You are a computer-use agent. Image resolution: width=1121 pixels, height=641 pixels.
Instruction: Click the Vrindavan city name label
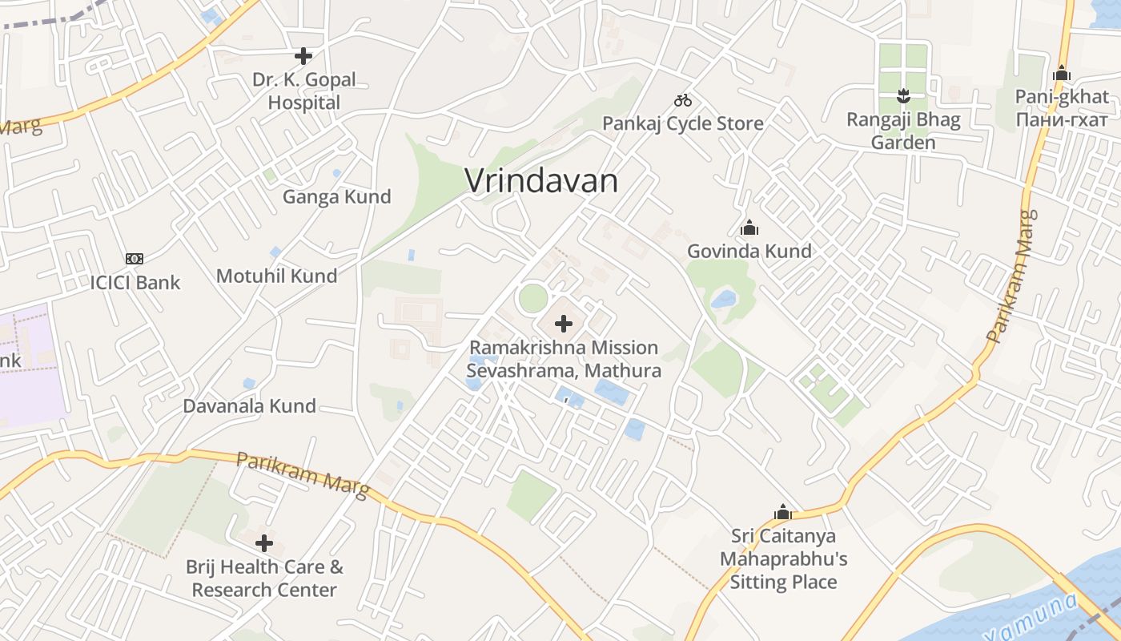point(541,181)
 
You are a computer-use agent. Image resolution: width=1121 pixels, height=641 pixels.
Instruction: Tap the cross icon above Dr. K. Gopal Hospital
point(303,56)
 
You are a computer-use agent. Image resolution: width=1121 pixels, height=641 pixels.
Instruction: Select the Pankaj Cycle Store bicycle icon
point(683,100)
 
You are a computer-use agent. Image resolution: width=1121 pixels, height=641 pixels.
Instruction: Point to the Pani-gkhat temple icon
point(1062,74)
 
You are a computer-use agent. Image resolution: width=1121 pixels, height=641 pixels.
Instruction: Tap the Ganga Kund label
point(336,197)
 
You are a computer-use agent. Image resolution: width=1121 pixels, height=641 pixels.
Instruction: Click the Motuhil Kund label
point(276,276)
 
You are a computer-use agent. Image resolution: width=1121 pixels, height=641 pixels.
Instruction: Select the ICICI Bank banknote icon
point(135,259)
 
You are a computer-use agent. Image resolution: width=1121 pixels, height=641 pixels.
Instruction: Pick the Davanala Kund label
point(249,406)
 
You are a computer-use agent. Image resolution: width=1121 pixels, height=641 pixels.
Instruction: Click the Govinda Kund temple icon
point(749,228)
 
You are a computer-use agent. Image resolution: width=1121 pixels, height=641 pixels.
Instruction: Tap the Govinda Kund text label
point(749,252)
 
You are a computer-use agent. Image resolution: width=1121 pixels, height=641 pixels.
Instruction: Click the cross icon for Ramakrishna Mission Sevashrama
point(564,324)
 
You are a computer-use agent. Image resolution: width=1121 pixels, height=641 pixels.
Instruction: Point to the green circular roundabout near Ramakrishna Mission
point(533,299)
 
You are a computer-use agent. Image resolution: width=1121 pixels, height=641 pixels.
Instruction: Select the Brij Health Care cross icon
point(264,543)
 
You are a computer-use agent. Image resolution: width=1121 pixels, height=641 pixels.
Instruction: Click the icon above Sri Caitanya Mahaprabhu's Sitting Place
point(783,512)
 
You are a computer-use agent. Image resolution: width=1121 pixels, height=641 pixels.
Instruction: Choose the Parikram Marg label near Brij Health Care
point(303,475)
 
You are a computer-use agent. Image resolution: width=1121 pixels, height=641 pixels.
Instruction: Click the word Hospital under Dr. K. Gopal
point(304,103)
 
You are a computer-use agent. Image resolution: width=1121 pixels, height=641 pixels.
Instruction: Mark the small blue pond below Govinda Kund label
point(724,299)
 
